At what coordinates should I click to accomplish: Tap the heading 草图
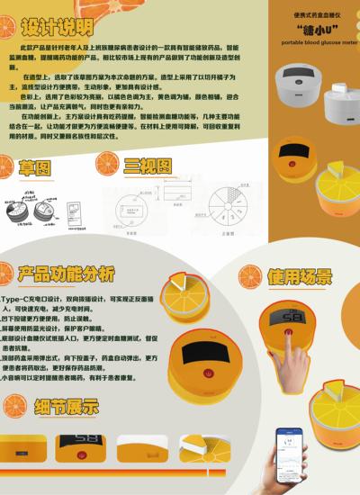(x=37, y=168)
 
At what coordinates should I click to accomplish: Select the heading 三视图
(x=146, y=166)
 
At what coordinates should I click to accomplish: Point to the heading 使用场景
(x=299, y=274)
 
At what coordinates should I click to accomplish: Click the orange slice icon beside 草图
(x=11, y=166)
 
